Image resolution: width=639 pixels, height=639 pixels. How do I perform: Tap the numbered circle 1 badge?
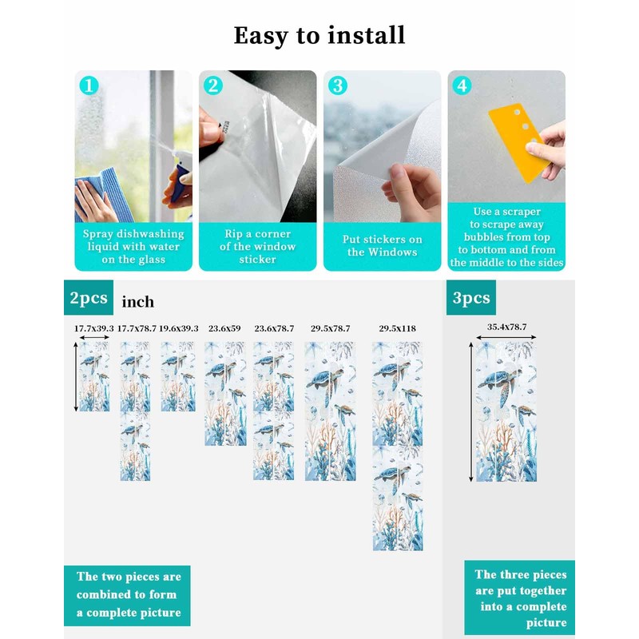(x=89, y=86)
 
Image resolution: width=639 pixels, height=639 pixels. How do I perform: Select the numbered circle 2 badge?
(x=213, y=86)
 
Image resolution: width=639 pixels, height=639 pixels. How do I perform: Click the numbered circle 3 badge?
(x=338, y=86)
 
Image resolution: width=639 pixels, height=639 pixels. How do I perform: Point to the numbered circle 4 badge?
(x=462, y=86)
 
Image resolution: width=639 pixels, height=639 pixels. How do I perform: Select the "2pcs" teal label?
(x=89, y=297)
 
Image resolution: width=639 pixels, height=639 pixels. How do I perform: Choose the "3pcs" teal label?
(x=471, y=297)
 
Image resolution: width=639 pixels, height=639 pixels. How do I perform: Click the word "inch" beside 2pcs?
(x=137, y=302)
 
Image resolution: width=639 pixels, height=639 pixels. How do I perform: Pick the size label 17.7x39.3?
(x=94, y=328)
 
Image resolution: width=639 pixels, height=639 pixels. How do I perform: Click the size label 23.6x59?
(x=224, y=328)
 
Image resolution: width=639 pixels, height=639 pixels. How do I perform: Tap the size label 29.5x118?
(x=397, y=328)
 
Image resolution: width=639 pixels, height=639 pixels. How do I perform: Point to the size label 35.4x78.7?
(x=506, y=327)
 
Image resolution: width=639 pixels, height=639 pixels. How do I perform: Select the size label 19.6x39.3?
(x=178, y=328)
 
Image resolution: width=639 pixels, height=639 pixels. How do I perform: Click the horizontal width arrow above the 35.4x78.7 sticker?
(x=506, y=337)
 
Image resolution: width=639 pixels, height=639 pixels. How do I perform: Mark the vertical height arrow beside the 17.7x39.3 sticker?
(x=76, y=376)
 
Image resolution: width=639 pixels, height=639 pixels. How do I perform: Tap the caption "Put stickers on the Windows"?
(x=383, y=246)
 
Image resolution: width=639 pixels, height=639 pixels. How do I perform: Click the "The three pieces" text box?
(x=520, y=597)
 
